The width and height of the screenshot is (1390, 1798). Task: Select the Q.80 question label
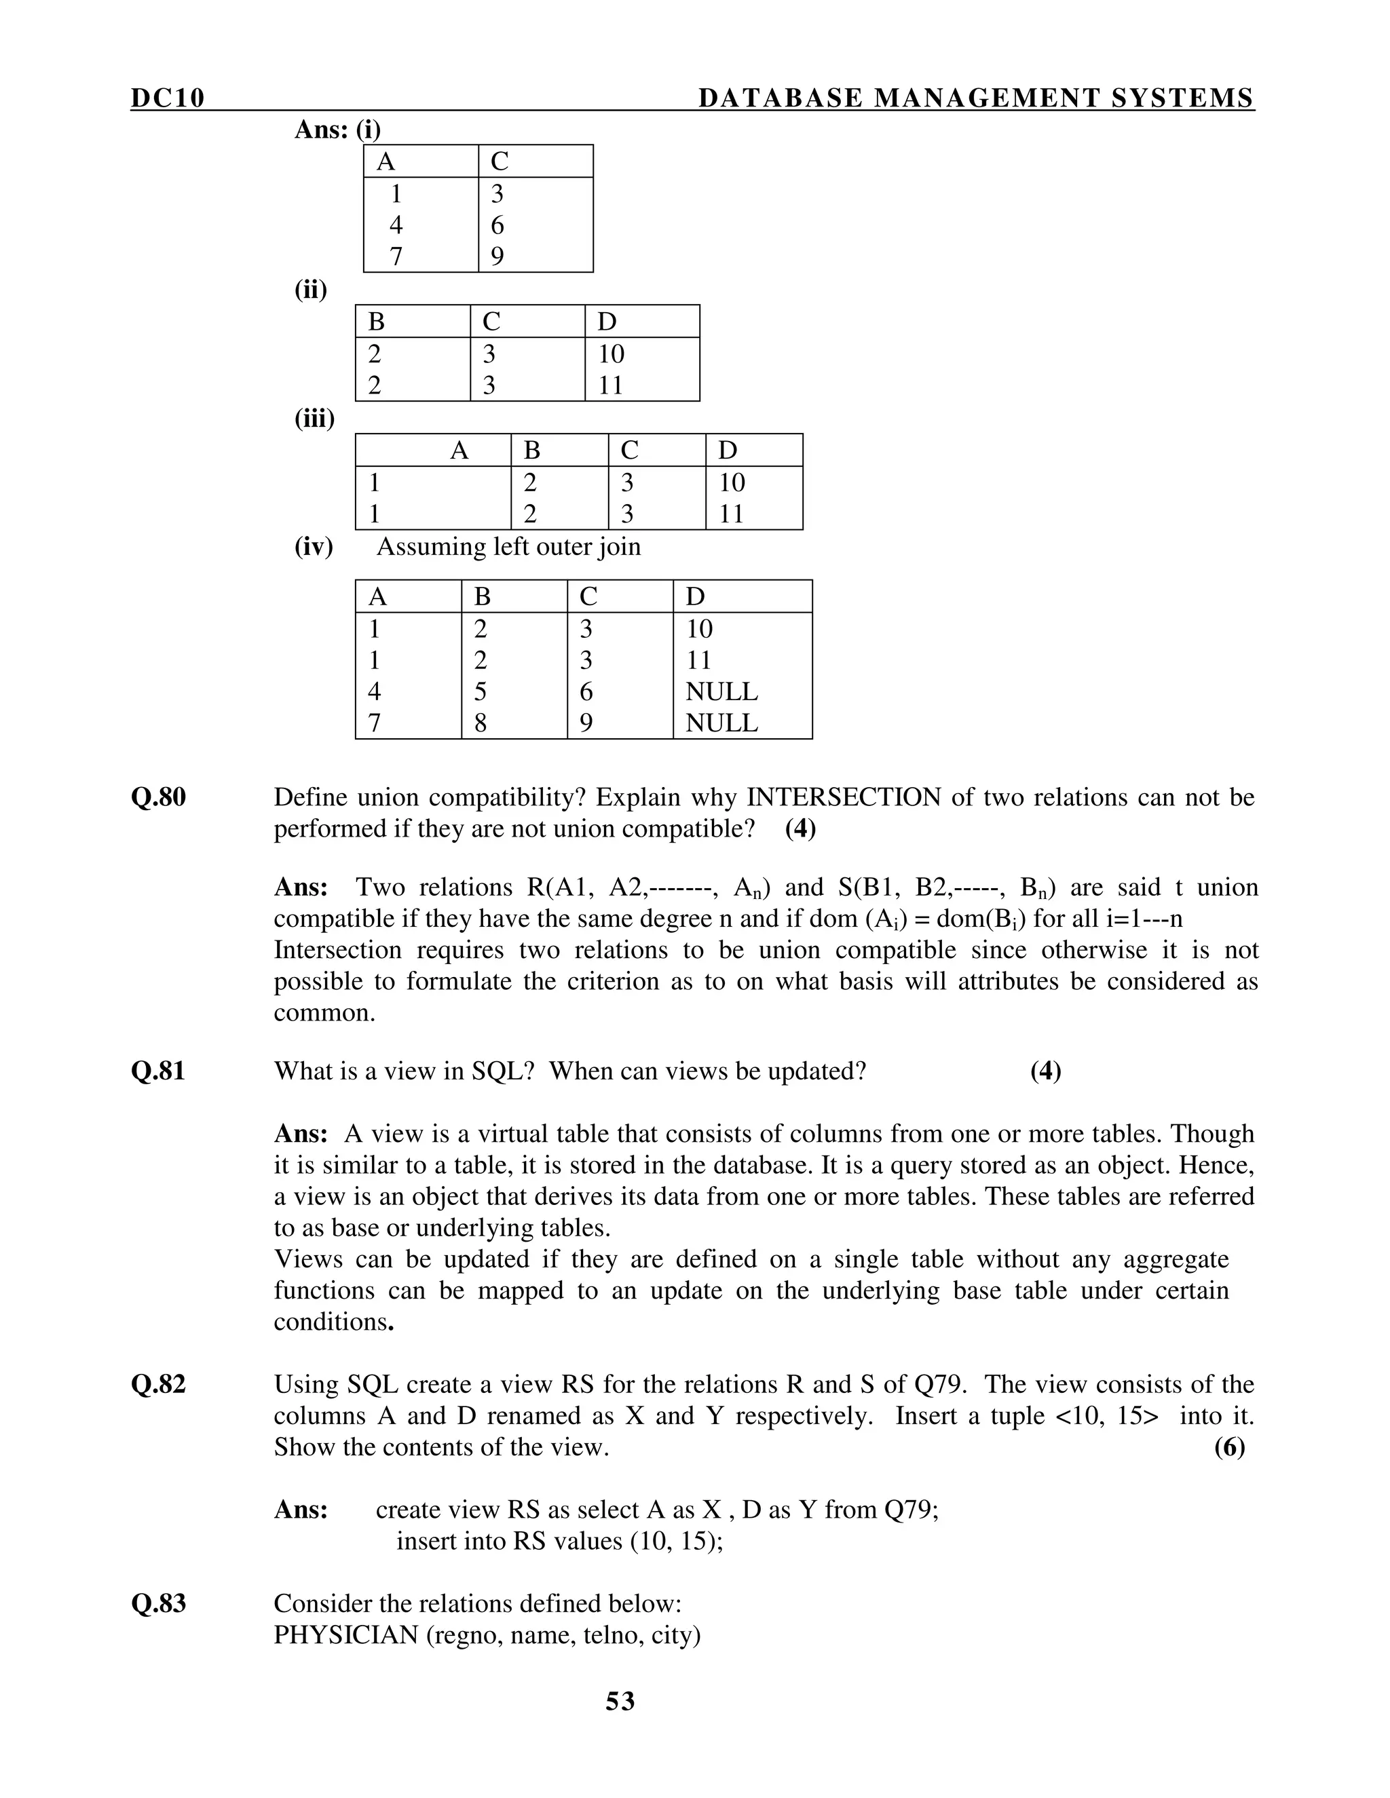pos(158,797)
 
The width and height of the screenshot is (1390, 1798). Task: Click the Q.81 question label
pos(158,1071)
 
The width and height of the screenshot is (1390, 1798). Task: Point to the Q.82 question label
pos(158,1385)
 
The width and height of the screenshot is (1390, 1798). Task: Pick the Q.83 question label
pos(158,1604)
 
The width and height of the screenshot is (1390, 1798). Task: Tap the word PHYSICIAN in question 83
pos(346,1635)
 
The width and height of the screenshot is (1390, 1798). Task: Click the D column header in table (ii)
pos(607,321)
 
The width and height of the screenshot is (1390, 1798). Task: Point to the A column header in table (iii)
pos(459,451)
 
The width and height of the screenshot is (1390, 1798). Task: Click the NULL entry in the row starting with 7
pos(721,723)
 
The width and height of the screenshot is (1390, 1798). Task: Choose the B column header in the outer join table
pos(483,596)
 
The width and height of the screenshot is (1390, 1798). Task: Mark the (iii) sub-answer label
pos(314,419)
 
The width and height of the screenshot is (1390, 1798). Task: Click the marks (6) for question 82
pos(1229,1447)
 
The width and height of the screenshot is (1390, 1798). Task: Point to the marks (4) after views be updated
pos(1045,1071)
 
